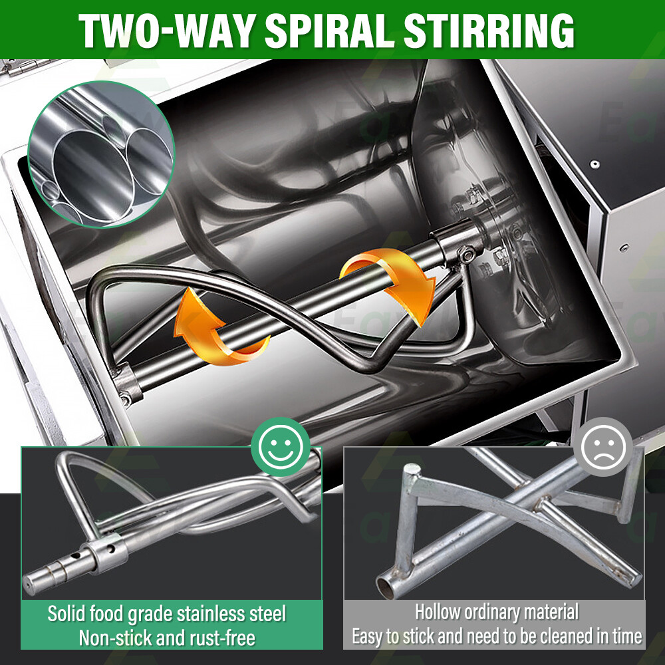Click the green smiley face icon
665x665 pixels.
coord(281,447)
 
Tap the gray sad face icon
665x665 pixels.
coord(602,447)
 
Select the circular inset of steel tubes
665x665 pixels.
coord(101,154)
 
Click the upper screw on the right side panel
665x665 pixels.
coord(595,164)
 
